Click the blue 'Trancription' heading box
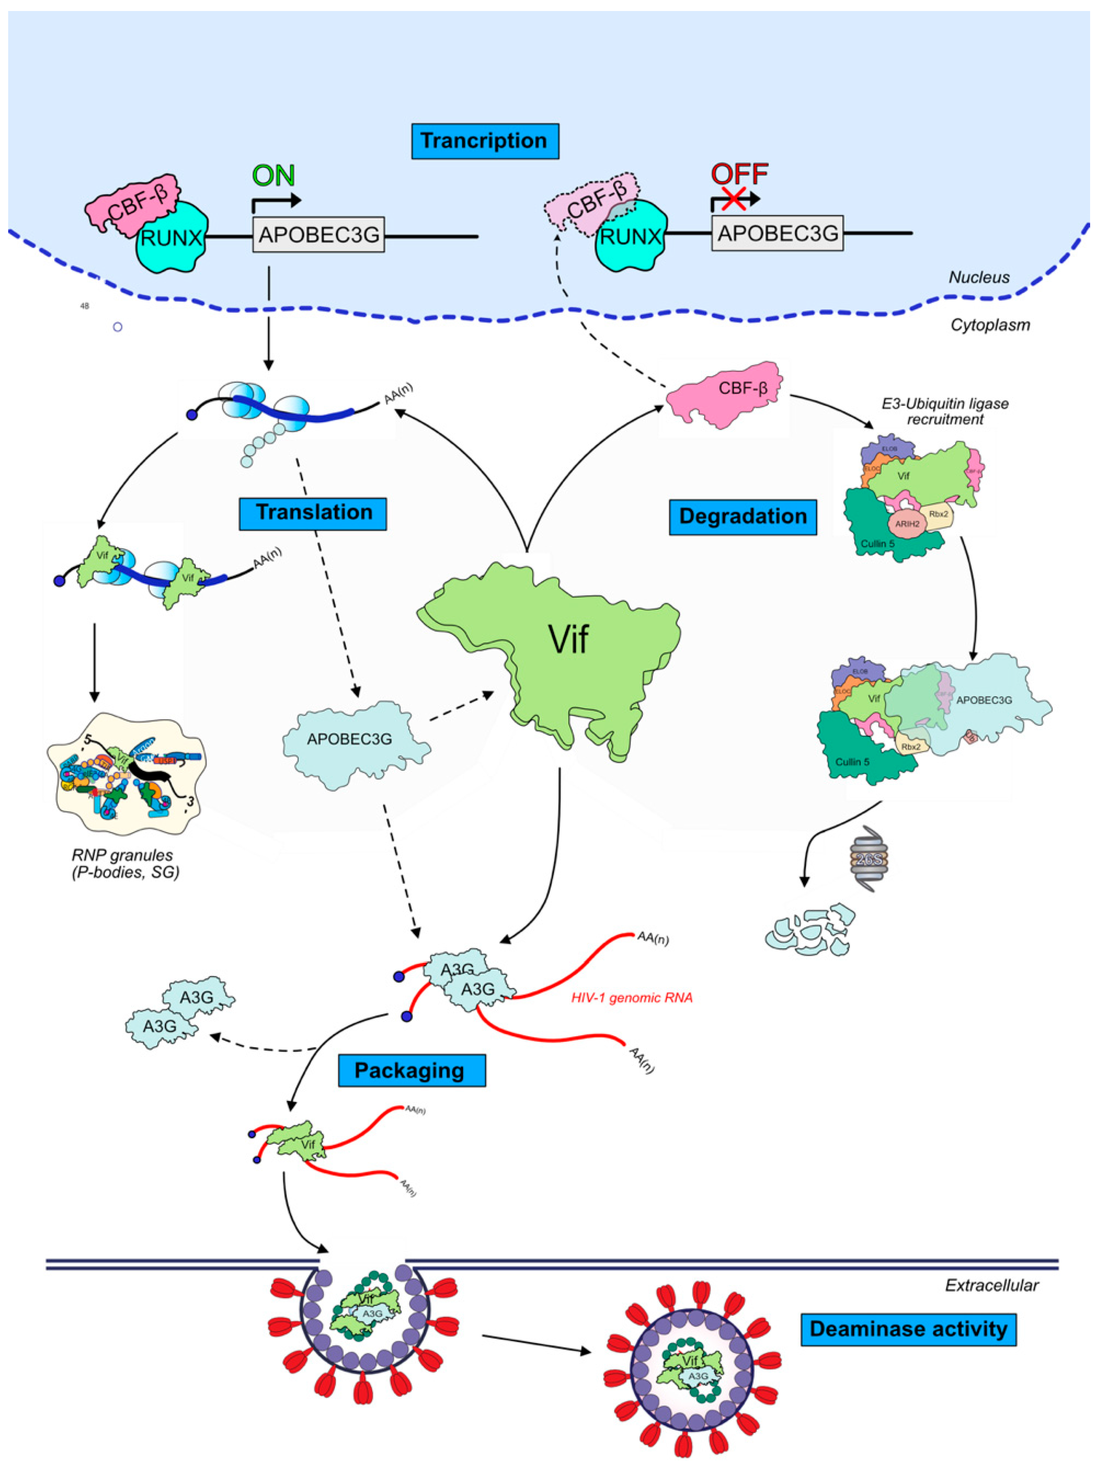tap(484, 141)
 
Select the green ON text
tap(273, 176)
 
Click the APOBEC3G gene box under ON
tap(319, 234)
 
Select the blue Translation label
tap(313, 512)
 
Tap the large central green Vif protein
tap(559, 649)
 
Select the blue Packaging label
tap(411, 1070)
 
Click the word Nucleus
tap(979, 277)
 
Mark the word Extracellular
tap(991, 1285)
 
